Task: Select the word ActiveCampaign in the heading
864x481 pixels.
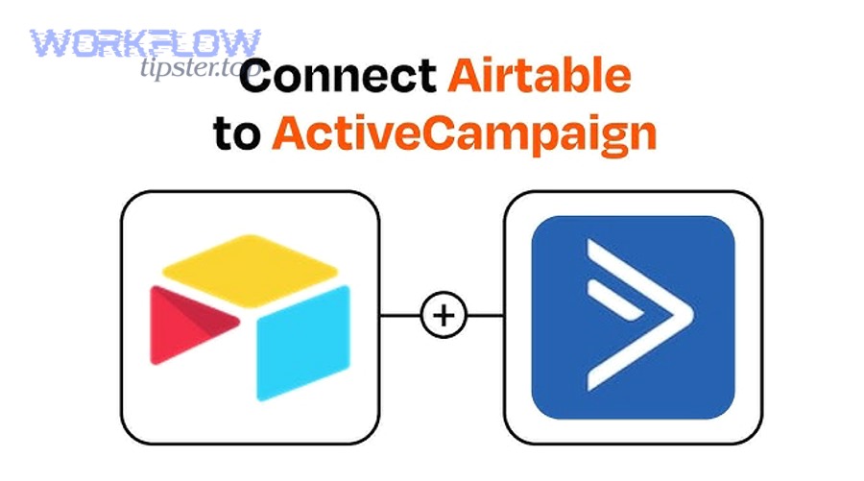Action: pyautogui.click(x=464, y=134)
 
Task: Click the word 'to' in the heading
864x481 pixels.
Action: pyautogui.click(x=236, y=134)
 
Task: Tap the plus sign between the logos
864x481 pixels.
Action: pyautogui.click(x=443, y=315)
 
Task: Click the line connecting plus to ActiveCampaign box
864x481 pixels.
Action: pyautogui.click(x=484, y=315)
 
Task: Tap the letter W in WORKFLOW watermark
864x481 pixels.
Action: pyautogui.click(x=49, y=42)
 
